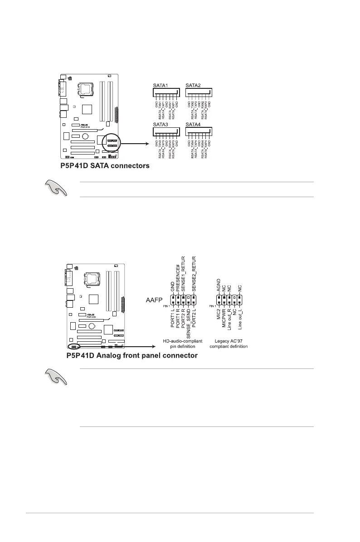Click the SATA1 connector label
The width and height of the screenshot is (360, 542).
point(160,86)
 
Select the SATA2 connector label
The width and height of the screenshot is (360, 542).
point(194,86)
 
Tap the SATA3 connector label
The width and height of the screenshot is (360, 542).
point(160,124)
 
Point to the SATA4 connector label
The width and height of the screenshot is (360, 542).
point(194,124)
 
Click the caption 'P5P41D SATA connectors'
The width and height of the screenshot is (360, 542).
point(105,166)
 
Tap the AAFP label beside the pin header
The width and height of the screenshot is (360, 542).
point(153,300)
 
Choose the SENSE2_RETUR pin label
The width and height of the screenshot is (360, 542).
point(194,272)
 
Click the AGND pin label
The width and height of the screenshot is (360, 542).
point(219,285)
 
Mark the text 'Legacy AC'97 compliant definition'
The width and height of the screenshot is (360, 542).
point(229,343)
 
